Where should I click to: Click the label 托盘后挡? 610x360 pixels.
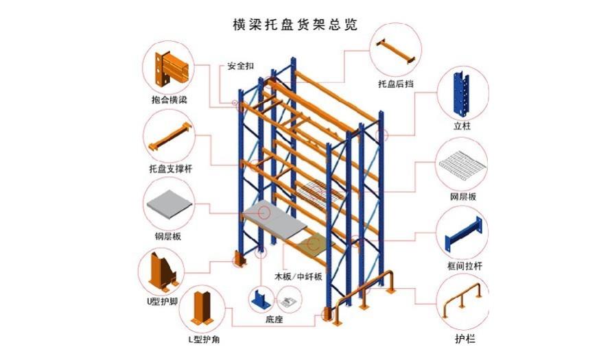pos(395,84)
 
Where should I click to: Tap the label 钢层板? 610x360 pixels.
pos(167,236)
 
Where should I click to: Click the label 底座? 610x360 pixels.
pos(274,320)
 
